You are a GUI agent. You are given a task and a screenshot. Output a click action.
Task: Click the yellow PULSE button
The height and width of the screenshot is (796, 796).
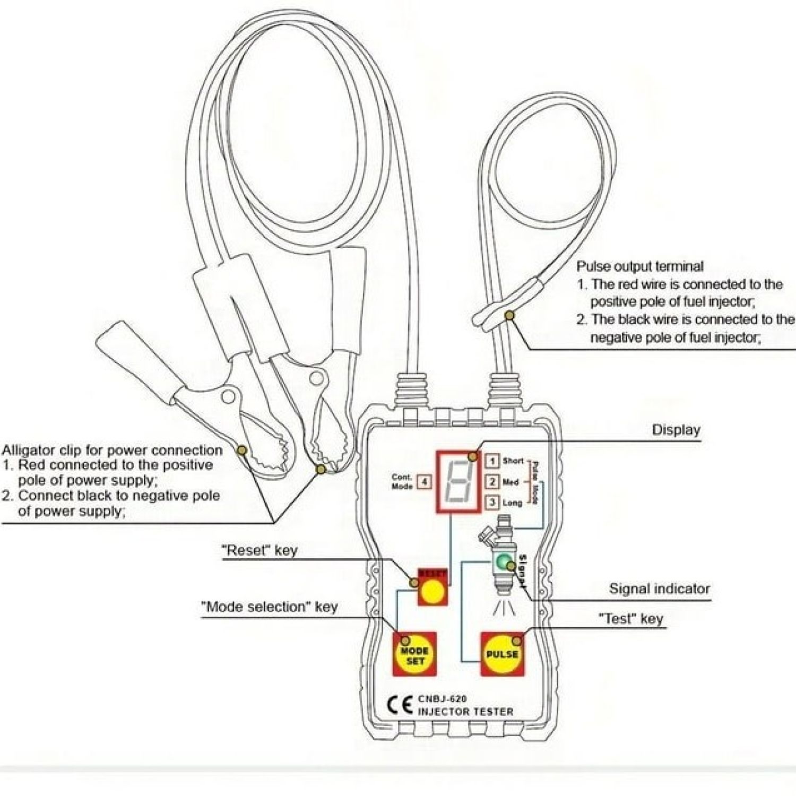[501, 654]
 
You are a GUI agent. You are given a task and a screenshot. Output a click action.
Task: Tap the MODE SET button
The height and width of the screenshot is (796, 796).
[414, 655]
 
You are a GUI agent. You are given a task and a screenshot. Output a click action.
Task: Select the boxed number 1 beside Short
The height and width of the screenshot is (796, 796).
[493, 461]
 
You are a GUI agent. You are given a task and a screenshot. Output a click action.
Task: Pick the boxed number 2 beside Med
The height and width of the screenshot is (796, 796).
[493, 482]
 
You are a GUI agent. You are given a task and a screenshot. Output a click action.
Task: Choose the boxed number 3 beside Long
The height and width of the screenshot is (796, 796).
[493, 502]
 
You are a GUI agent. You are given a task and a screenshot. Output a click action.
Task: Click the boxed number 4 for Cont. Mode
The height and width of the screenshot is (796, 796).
[424, 482]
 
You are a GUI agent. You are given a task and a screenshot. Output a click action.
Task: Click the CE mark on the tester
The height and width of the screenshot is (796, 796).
[400, 705]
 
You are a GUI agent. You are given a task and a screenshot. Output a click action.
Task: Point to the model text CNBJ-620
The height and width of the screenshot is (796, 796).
[442, 699]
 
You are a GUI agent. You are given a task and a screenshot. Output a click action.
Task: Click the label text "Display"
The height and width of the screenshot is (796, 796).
[676, 430]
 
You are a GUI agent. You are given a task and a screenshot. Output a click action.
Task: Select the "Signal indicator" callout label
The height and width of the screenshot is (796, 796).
[659, 589]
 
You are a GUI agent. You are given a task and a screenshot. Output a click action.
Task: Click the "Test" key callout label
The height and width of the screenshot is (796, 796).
[631, 619]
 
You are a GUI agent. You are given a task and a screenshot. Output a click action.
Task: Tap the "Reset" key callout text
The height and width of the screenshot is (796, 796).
[259, 550]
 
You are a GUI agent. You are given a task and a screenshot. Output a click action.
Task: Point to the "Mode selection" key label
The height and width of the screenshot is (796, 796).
[269, 607]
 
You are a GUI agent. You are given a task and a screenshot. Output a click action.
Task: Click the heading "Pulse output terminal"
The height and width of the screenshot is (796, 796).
[640, 266]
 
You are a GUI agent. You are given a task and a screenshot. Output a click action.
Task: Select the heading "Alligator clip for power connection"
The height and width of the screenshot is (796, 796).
[112, 451]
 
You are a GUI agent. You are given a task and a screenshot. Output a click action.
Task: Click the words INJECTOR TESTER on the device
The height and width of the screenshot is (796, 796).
[465, 712]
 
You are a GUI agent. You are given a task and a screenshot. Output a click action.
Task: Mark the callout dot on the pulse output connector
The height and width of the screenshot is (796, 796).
[509, 316]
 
